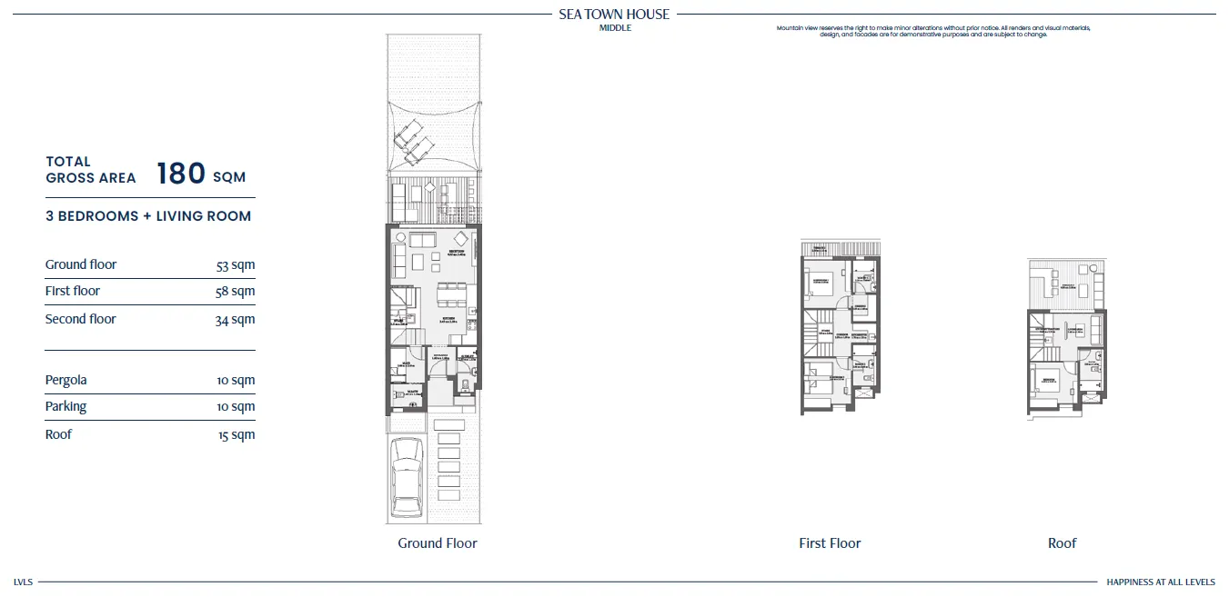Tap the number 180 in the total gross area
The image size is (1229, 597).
click(x=180, y=174)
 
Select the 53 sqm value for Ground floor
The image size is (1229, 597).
click(x=236, y=265)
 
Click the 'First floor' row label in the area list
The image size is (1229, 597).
click(x=73, y=291)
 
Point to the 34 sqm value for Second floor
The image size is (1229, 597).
click(x=236, y=320)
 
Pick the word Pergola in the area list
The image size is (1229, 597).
click(x=66, y=380)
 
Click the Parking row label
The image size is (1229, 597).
click(x=66, y=406)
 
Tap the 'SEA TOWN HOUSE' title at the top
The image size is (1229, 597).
click(x=614, y=14)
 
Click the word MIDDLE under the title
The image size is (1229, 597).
click(x=615, y=28)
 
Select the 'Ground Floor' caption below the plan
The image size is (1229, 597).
click(x=437, y=543)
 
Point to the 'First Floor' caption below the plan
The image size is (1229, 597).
click(x=830, y=543)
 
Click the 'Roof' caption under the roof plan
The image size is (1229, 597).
click(x=1062, y=543)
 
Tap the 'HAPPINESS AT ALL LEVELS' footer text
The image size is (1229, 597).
click(x=1160, y=582)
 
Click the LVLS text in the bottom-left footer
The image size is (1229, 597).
click(x=23, y=582)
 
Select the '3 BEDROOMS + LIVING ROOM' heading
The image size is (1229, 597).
click(x=148, y=216)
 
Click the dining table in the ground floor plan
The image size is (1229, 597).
click(x=448, y=294)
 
